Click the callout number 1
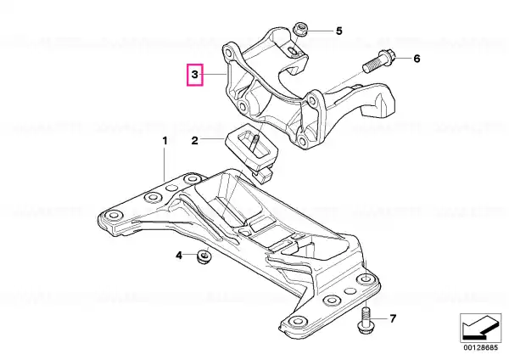[165, 141]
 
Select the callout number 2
[194, 141]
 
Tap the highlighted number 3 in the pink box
[194, 75]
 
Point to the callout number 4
[179, 256]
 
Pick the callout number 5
[338, 31]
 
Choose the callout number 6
[417, 59]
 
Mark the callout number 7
[393, 318]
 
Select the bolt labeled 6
[378, 62]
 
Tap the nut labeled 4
[204, 256]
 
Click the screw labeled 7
[365, 320]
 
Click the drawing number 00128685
[480, 347]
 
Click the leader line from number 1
[165, 165]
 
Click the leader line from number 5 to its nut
[320, 31]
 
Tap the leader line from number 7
[380, 318]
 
